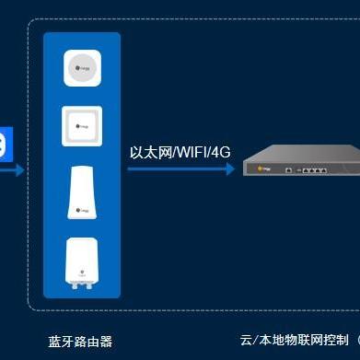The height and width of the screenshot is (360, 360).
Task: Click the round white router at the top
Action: point(81,67)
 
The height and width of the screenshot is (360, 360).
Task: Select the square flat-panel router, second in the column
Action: point(81,127)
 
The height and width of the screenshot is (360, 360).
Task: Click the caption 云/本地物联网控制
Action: point(295,341)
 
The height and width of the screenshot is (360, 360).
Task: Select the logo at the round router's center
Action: point(81,67)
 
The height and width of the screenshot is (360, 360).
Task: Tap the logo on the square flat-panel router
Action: point(81,127)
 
